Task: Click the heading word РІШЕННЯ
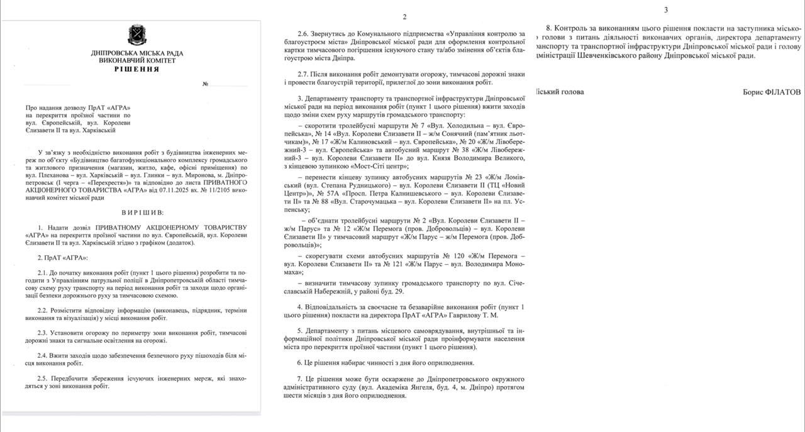click(137, 69)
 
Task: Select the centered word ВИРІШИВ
click(143, 213)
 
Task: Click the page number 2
click(404, 17)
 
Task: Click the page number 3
click(666, 9)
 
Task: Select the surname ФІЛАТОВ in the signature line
click(783, 92)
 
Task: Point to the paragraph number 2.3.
click(44, 333)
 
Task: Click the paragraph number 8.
click(548, 28)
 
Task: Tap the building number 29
click(399, 292)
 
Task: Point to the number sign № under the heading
click(205, 84)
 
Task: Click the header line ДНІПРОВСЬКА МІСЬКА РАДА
click(137, 52)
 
